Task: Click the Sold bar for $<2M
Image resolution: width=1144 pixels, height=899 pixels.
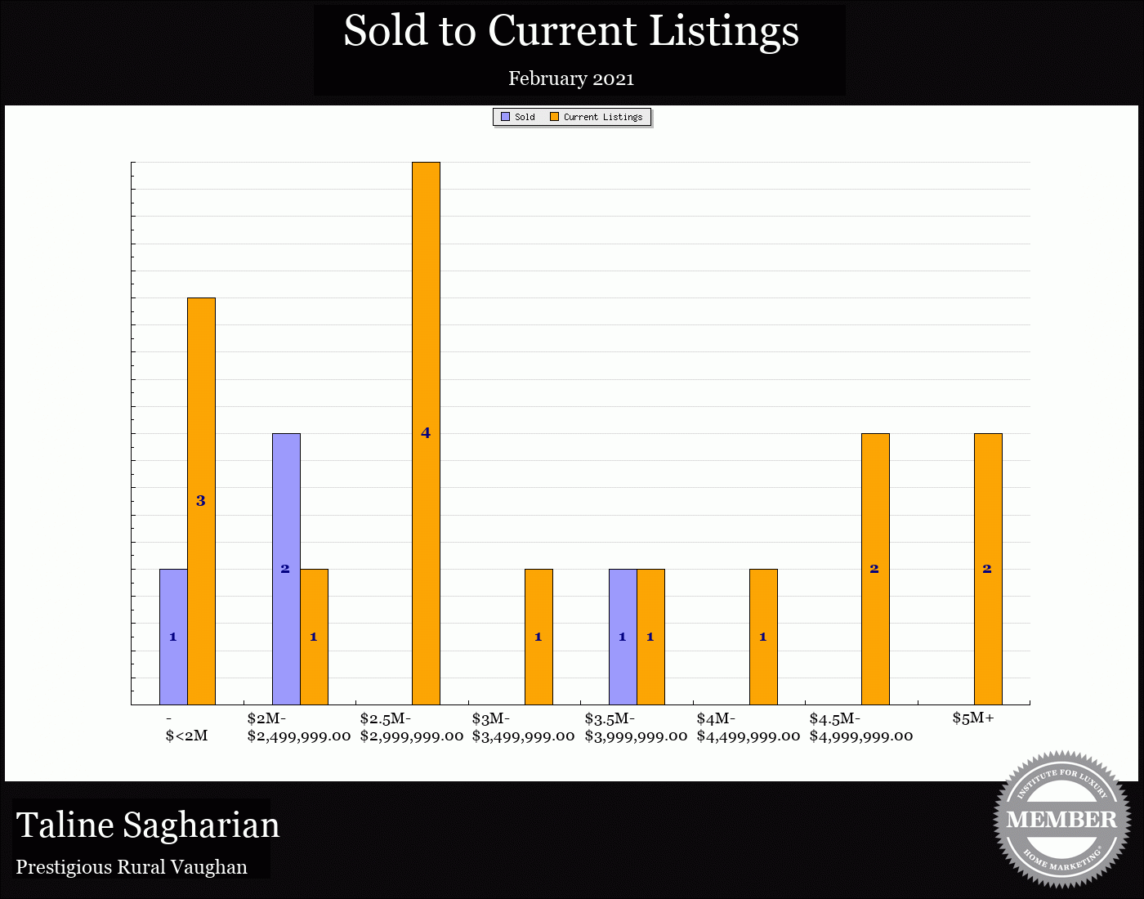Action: coord(173,637)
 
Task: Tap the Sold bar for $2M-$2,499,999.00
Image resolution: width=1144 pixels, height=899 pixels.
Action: coord(286,569)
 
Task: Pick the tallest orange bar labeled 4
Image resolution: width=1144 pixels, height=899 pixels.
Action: coord(426,433)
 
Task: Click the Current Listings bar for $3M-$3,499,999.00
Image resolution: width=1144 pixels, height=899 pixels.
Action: coord(538,637)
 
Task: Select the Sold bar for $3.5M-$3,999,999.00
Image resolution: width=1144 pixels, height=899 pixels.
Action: coord(623,637)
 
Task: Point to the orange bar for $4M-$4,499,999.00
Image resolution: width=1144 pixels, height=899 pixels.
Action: coord(763,637)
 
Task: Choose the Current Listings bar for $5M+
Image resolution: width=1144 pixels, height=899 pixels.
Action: coord(988,569)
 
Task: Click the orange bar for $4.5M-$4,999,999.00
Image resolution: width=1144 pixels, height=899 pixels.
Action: coord(875,569)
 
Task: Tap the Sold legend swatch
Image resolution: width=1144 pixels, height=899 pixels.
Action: coord(506,117)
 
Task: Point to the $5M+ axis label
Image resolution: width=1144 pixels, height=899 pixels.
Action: coord(973,718)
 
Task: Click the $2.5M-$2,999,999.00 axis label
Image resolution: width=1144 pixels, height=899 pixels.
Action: coord(411,727)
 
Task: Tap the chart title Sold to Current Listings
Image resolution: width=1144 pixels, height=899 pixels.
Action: coord(571,31)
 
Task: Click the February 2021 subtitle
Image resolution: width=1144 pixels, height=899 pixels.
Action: coord(571,78)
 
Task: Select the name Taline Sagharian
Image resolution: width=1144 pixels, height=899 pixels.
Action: coord(148,825)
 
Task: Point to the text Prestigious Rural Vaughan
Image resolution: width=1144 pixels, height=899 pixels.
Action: coord(132,867)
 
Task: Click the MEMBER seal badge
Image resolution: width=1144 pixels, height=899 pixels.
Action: coord(1061,819)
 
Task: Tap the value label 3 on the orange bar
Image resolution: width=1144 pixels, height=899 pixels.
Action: coord(201,501)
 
